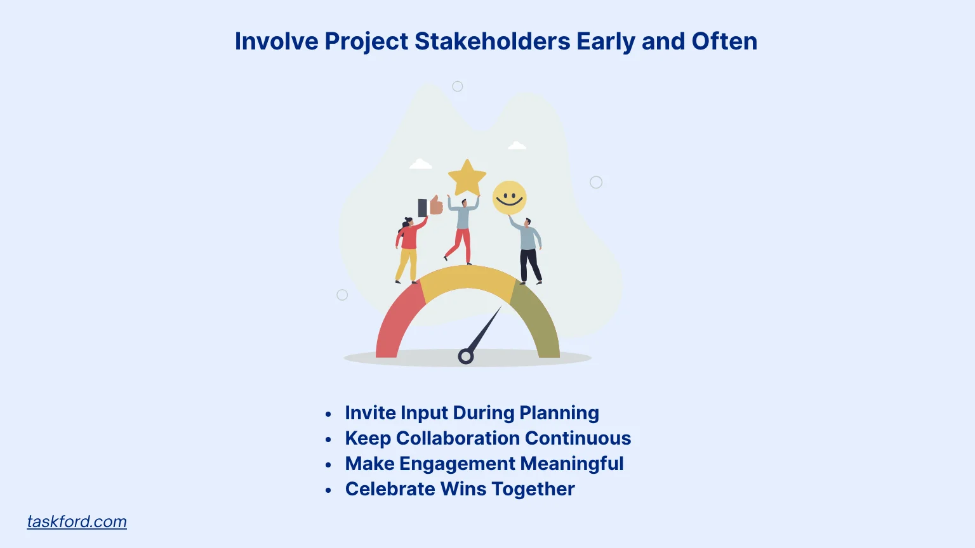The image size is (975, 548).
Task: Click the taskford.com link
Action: [77, 521]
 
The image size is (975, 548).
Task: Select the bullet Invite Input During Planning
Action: [472, 413]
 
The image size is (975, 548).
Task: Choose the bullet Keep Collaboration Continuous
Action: [487, 438]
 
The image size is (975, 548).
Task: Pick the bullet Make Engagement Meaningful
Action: [484, 464]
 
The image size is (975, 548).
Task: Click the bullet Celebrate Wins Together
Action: [460, 489]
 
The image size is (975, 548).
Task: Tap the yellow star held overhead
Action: [467, 178]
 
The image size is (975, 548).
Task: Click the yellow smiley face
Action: [509, 198]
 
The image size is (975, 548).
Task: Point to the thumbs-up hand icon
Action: [435, 205]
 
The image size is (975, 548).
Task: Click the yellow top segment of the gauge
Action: [468, 278]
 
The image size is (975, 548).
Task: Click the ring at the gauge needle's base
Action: [466, 356]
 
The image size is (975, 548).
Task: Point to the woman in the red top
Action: [408, 247]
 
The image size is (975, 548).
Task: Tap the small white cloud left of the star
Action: [420, 165]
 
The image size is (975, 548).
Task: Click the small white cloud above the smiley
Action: [517, 146]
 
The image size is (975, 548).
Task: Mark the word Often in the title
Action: [724, 41]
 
